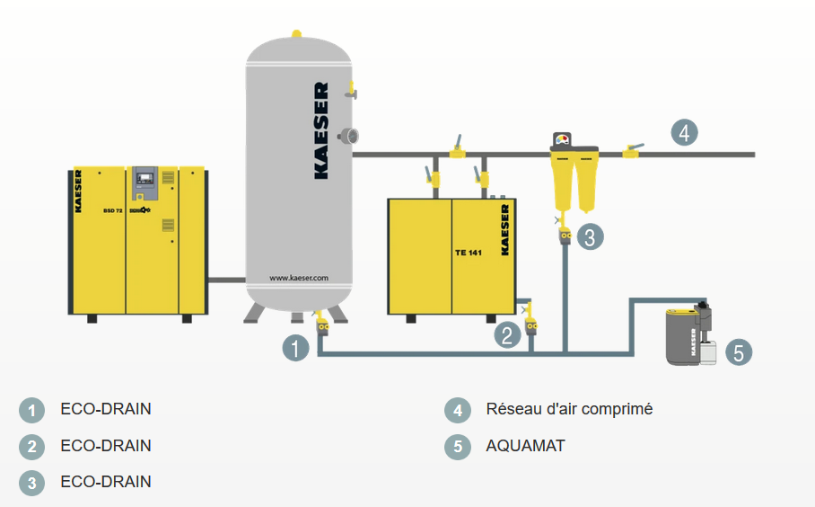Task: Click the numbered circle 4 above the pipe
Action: pyautogui.click(x=684, y=133)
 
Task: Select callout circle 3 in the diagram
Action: pyautogui.click(x=590, y=236)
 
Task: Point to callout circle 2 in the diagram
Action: pyautogui.click(x=507, y=335)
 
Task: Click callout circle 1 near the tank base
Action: pyautogui.click(x=296, y=347)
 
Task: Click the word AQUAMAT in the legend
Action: pyautogui.click(x=525, y=446)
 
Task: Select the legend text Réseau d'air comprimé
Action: pyautogui.click(x=569, y=409)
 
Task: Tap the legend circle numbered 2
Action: pyautogui.click(x=31, y=447)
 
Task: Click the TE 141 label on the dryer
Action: pyautogui.click(x=469, y=253)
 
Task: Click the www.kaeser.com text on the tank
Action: pyautogui.click(x=299, y=278)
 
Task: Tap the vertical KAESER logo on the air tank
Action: pyautogui.click(x=321, y=131)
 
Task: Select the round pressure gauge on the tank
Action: pyautogui.click(x=346, y=135)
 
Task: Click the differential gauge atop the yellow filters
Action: pyautogui.click(x=564, y=139)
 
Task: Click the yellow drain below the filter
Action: pyautogui.click(x=565, y=236)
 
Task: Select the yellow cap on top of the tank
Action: pyautogui.click(x=296, y=34)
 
